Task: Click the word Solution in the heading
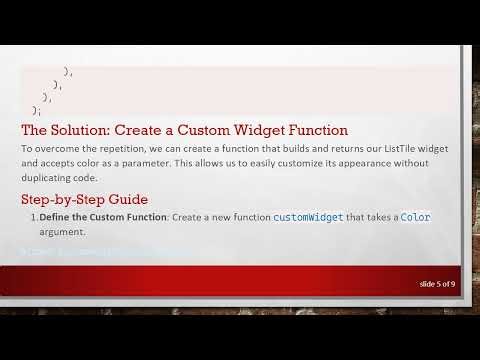coord(80,129)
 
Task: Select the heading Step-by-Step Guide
coord(85,199)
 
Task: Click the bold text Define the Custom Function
coord(104,217)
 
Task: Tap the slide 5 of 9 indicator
coord(438,284)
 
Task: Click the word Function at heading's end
coord(318,129)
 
